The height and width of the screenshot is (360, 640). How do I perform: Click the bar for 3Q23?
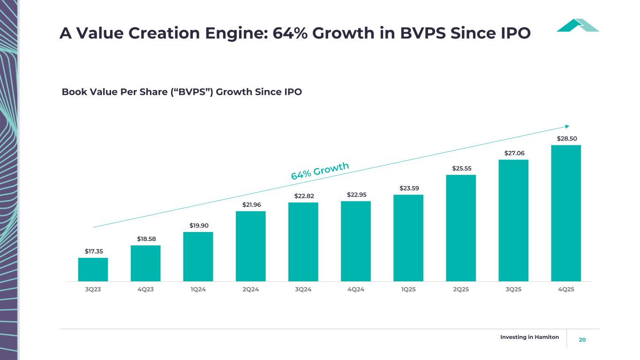[93, 270]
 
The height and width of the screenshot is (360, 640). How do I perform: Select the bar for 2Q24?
[250, 246]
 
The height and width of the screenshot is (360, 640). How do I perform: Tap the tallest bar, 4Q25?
[566, 213]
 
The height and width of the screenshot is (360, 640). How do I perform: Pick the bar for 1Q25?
[408, 238]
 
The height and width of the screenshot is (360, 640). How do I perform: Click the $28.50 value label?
[566, 138]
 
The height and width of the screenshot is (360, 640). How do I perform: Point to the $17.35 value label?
[94, 251]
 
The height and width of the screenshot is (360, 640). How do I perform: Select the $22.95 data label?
[356, 195]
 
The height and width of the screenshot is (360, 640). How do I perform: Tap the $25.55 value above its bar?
[461, 168]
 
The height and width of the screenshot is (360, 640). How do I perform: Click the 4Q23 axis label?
[145, 289]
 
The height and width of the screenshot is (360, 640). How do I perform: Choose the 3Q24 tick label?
[303, 289]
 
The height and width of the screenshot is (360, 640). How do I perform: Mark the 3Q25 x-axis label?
[513, 289]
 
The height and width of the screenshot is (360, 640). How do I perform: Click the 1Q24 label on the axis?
[198, 289]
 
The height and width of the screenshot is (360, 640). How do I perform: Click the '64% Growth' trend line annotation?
[320, 171]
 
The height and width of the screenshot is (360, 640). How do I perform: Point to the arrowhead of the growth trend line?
[567, 126]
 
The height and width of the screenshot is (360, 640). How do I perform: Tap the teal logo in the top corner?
[578, 25]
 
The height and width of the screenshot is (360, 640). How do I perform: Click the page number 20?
[582, 339]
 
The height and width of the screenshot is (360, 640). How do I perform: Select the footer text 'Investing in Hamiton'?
[529, 337]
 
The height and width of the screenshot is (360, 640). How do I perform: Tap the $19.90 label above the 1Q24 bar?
[199, 225]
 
